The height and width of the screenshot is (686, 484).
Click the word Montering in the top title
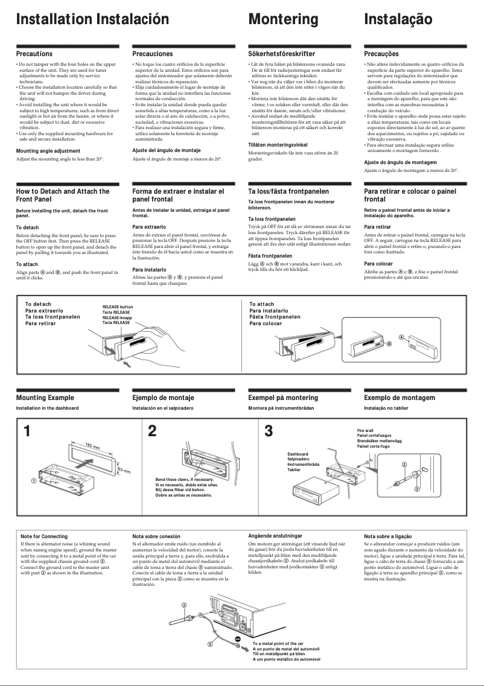[x=283, y=19]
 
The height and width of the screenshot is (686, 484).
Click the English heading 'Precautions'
[x=34, y=54]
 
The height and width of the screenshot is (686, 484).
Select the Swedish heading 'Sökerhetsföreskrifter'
[x=281, y=54]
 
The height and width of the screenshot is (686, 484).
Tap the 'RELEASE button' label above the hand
[x=118, y=307]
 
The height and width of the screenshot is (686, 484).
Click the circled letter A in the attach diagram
[x=401, y=335]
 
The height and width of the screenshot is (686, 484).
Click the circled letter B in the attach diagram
[x=389, y=343]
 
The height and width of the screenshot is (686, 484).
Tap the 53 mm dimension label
[x=123, y=469]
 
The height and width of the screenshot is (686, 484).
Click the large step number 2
[x=152, y=431]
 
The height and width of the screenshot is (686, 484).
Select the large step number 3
[x=269, y=431]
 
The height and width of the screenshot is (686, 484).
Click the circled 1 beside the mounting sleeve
[x=26, y=481]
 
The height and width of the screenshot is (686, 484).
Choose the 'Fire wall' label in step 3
[x=366, y=430]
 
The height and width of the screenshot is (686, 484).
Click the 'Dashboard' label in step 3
[x=298, y=454]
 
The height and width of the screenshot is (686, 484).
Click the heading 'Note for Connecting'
[x=44, y=536]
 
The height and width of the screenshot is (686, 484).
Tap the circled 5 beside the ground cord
[x=211, y=644]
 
